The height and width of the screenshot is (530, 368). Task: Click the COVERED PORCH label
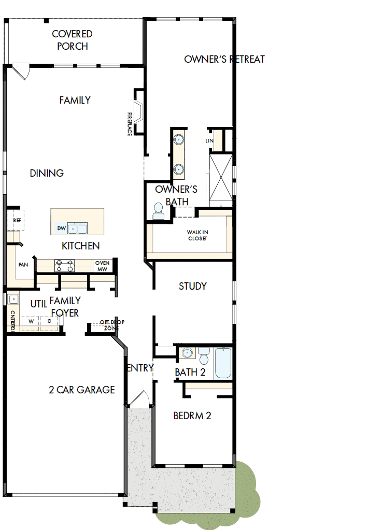point(72,40)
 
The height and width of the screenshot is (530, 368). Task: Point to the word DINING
point(47,173)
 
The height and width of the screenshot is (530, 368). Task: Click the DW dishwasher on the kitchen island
point(61,228)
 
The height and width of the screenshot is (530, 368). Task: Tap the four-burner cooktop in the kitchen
point(65,266)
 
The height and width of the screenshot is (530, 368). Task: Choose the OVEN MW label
point(102,266)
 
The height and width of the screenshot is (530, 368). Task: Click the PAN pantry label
point(23,265)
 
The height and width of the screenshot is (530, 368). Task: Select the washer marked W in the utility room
point(31,321)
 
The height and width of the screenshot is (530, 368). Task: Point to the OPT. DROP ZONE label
point(111,325)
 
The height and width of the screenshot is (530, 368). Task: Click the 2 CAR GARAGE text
point(82,390)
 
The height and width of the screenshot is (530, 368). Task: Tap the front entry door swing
point(138,398)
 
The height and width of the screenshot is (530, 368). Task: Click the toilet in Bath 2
point(204,356)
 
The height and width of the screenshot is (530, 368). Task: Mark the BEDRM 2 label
point(192,416)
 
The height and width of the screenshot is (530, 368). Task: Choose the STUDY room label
point(193,286)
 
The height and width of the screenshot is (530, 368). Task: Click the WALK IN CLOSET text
point(197,236)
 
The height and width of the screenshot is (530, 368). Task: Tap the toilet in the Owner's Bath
point(158,210)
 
